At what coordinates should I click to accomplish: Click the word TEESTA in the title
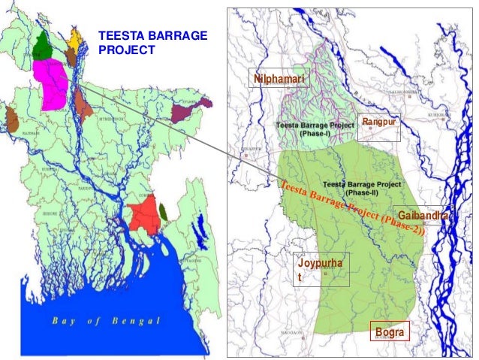pyautogui.click(x=121, y=35)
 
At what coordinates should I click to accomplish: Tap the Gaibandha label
pyautogui.click(x=423, y=216)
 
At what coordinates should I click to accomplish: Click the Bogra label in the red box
pyautogui.click(x=390, y=331)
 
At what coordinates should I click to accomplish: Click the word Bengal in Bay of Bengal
pyautogui.click(x=136, y=321)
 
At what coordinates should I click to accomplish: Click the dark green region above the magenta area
pyautogui.click(x=41, y=47)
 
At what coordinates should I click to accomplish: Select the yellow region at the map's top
pyautogui.click(x=75, y=38)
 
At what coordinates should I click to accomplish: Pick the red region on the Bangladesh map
pyautogui.click(x=143, y=214)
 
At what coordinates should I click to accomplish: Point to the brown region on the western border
pyautogui.click(x=11, y=119)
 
